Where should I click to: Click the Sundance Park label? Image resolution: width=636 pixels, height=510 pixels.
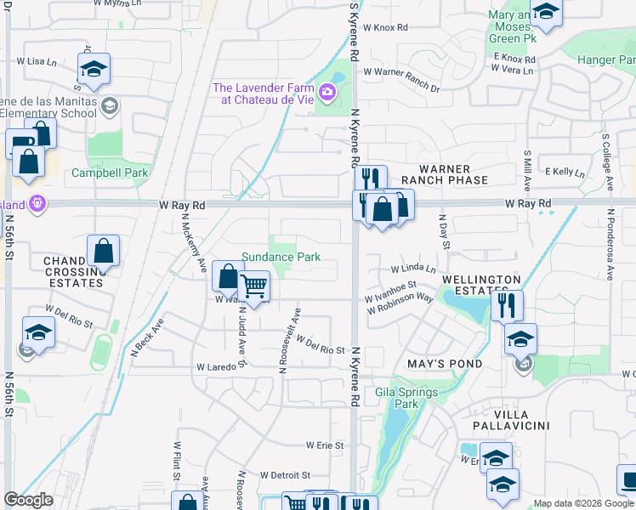tap(281, 257)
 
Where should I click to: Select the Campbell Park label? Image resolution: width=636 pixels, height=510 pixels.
tap(110, 173)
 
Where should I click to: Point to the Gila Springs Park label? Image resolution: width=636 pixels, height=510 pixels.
tap(406, 398)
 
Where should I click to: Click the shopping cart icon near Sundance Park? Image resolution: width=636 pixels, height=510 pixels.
tap(254, 286)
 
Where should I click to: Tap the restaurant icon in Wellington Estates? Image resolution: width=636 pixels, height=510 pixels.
tap(507, 305)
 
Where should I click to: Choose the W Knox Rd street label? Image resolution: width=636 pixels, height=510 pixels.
tap(385, 27)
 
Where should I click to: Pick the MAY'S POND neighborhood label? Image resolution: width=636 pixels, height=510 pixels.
tap(445, 364)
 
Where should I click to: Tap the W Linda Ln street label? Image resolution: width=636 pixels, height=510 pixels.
tap(413, 269)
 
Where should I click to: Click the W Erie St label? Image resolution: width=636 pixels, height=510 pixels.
tap(325, 445)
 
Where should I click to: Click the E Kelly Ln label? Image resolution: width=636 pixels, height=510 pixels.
tap(565, 172)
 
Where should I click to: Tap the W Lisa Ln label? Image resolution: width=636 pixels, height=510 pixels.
tap(36, 62)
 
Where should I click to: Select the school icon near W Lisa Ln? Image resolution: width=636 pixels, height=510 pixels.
tap(94, 68)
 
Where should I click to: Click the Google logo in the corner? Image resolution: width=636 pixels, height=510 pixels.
tap(28, 499)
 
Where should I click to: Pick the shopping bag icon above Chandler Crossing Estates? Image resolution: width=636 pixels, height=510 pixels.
tap(103, 251)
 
